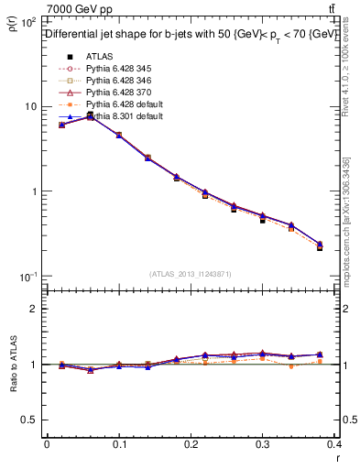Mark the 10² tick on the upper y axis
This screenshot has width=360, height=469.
click(29, 21)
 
